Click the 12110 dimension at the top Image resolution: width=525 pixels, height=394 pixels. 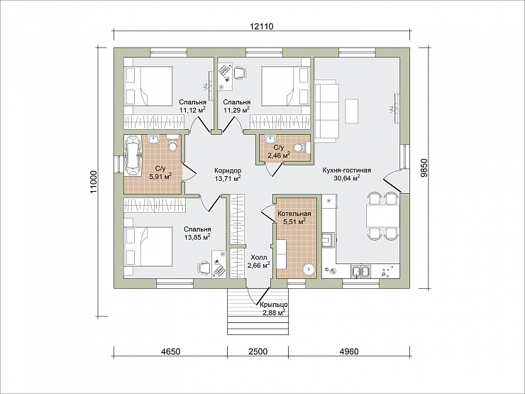click(262, 26)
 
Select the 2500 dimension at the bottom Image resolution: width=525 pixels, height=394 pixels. click(258, 351)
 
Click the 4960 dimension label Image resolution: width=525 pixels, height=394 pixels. click(349, 351)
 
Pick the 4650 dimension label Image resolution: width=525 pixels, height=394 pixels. click(171, 351)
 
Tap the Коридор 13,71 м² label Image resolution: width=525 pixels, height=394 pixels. click(228, 174)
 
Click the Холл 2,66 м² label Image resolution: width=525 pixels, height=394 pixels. click(259, 261)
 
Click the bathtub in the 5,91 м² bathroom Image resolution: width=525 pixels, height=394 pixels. click(133, 155)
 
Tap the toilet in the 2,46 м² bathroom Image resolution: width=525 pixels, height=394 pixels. click(299, 148)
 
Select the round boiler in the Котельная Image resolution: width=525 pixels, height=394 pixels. click(309, 268)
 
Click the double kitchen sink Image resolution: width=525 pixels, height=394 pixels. click(360, 271)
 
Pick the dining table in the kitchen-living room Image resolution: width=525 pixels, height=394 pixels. click(382, 216)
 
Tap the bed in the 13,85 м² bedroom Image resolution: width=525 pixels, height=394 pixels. click(148, 246)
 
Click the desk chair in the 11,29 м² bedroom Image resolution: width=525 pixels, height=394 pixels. click(240, 72)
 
